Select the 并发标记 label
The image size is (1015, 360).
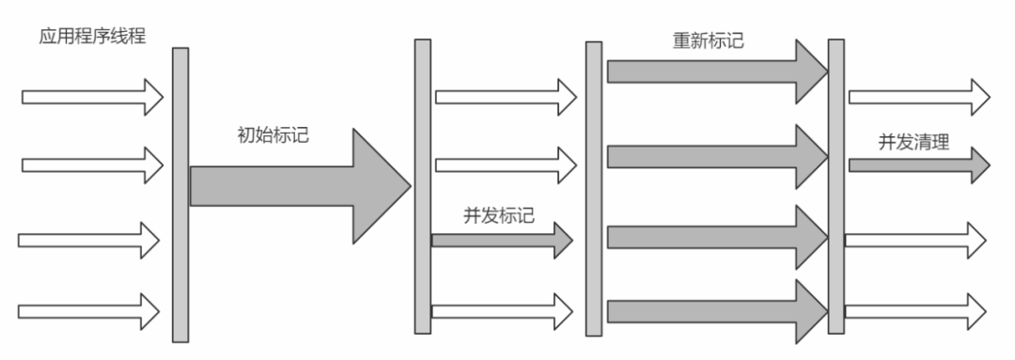(x=499, y=215)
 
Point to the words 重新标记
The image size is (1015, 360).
(x=711, y=41)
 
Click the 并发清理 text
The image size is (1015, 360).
(x=913, y=143)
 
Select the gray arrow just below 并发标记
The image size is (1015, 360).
(x=501, y=240)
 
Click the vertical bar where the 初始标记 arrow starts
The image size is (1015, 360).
(x=180, y=195)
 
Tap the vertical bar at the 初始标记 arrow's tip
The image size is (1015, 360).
(x=423, y=186)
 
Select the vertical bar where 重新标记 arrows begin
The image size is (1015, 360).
(x=594, y=188)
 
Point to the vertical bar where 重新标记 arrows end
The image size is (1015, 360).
(x=835, y=186)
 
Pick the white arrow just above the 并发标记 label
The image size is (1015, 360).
(x=504, y=165)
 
